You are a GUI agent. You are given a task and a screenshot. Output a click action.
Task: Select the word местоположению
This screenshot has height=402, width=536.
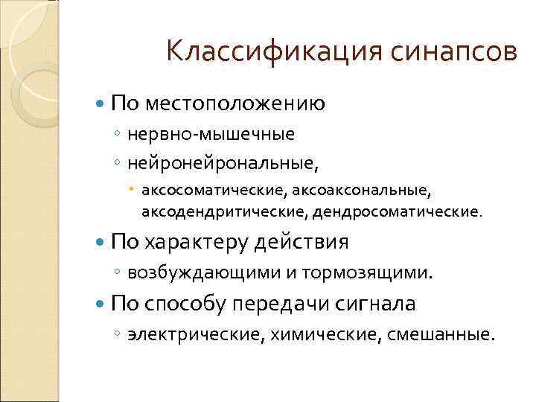pyautogui.click(x=234, y=103)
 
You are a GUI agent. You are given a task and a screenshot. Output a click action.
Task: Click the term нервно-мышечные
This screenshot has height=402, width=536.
pyautogui.click(x=211, y=135)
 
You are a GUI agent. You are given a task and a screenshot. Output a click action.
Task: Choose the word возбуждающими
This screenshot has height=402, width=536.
pyautogui.click(x=203, y=274)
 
